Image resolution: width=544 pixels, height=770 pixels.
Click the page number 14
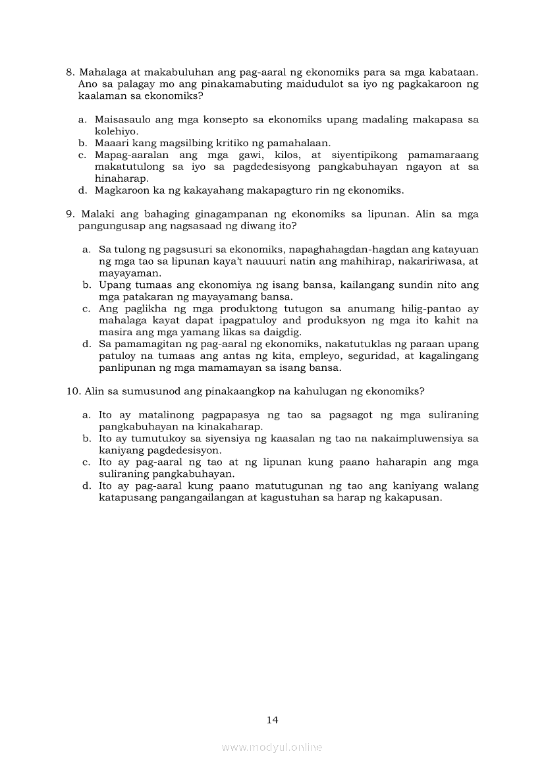click(273, 720)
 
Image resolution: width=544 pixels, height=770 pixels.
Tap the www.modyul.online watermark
click(272, 747)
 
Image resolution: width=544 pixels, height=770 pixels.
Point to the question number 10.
click(73, 391)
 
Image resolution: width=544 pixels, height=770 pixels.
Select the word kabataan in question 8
click(454, 72)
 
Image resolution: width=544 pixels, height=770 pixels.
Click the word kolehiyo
click(117, 131)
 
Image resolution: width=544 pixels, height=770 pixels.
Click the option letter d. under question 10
click(86, 486)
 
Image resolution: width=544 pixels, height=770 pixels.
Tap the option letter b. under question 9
click(86, 285)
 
